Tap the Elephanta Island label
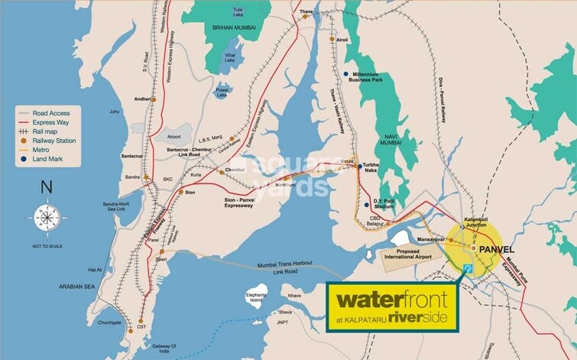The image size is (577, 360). (254, 297)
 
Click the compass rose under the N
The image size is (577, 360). (46, 216)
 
